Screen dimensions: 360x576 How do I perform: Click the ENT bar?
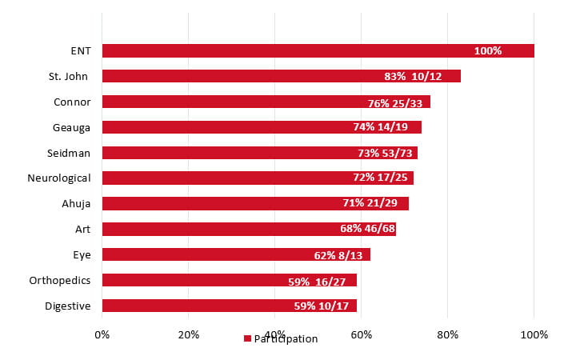[x=318, y=50]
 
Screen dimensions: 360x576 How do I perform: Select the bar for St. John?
[x=281, y=76]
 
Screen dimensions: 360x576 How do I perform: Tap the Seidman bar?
[x=259, y=153]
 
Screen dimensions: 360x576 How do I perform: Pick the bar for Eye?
[x=236, y=254]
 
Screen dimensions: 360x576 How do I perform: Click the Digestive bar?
[x=230, y=306]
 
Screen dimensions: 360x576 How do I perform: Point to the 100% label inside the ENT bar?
[x=487, y=50]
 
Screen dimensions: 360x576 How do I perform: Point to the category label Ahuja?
[x=77, y=203]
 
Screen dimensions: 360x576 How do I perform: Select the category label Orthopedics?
[x=60, y=280]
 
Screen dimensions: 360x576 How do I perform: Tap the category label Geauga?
[x=72, y=126]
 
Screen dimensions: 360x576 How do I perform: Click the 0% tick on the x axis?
[x=102, y=334]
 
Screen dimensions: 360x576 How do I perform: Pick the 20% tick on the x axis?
[x=188, y=334]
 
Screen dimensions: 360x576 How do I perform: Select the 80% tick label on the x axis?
[x=447, y=334]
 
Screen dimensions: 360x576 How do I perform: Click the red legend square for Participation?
[x=247, y=338]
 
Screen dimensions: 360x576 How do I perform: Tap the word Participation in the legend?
[x=286, y=338]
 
